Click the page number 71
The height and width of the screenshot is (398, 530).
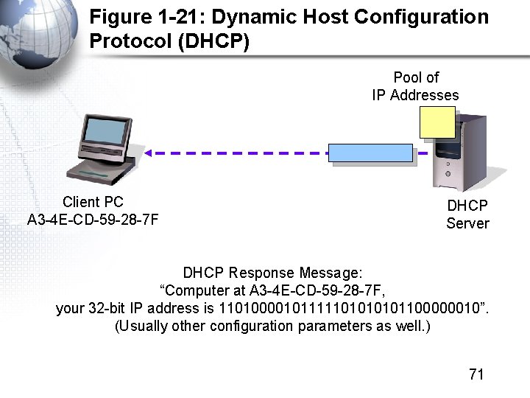click(476, 374)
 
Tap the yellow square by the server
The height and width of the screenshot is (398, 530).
click(437, 122)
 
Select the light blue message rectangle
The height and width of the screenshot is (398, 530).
click(370, 153)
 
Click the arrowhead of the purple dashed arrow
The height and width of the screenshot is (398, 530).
click(147, 153)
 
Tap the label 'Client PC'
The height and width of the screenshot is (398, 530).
click(93, 202)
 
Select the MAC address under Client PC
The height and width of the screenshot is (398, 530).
click(93, 220)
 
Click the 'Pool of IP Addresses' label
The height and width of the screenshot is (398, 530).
click(416, 86)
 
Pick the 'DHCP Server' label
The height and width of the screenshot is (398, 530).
click(467, 214)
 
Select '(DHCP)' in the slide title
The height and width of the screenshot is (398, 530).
click(213, 41)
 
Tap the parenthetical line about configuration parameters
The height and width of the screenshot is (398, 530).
click(272, 326)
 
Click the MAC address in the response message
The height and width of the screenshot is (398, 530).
click(311, 290)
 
